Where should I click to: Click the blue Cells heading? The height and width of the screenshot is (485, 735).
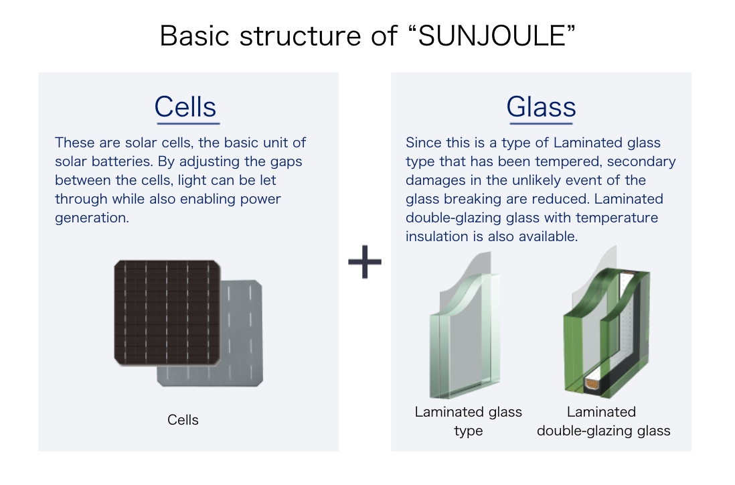185,107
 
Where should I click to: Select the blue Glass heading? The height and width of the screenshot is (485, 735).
541,107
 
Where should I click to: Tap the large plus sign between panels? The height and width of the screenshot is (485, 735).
365,262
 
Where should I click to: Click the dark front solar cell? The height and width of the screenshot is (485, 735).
167,313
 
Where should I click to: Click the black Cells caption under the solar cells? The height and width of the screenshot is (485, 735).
183,420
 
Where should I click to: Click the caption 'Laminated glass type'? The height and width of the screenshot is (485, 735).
469,421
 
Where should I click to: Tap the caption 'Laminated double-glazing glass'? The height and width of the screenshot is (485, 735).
603,421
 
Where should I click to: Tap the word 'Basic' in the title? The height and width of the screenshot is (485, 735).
195,36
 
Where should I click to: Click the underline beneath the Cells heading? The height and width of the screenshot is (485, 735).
189,124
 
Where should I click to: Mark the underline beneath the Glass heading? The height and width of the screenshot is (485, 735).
542,124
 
